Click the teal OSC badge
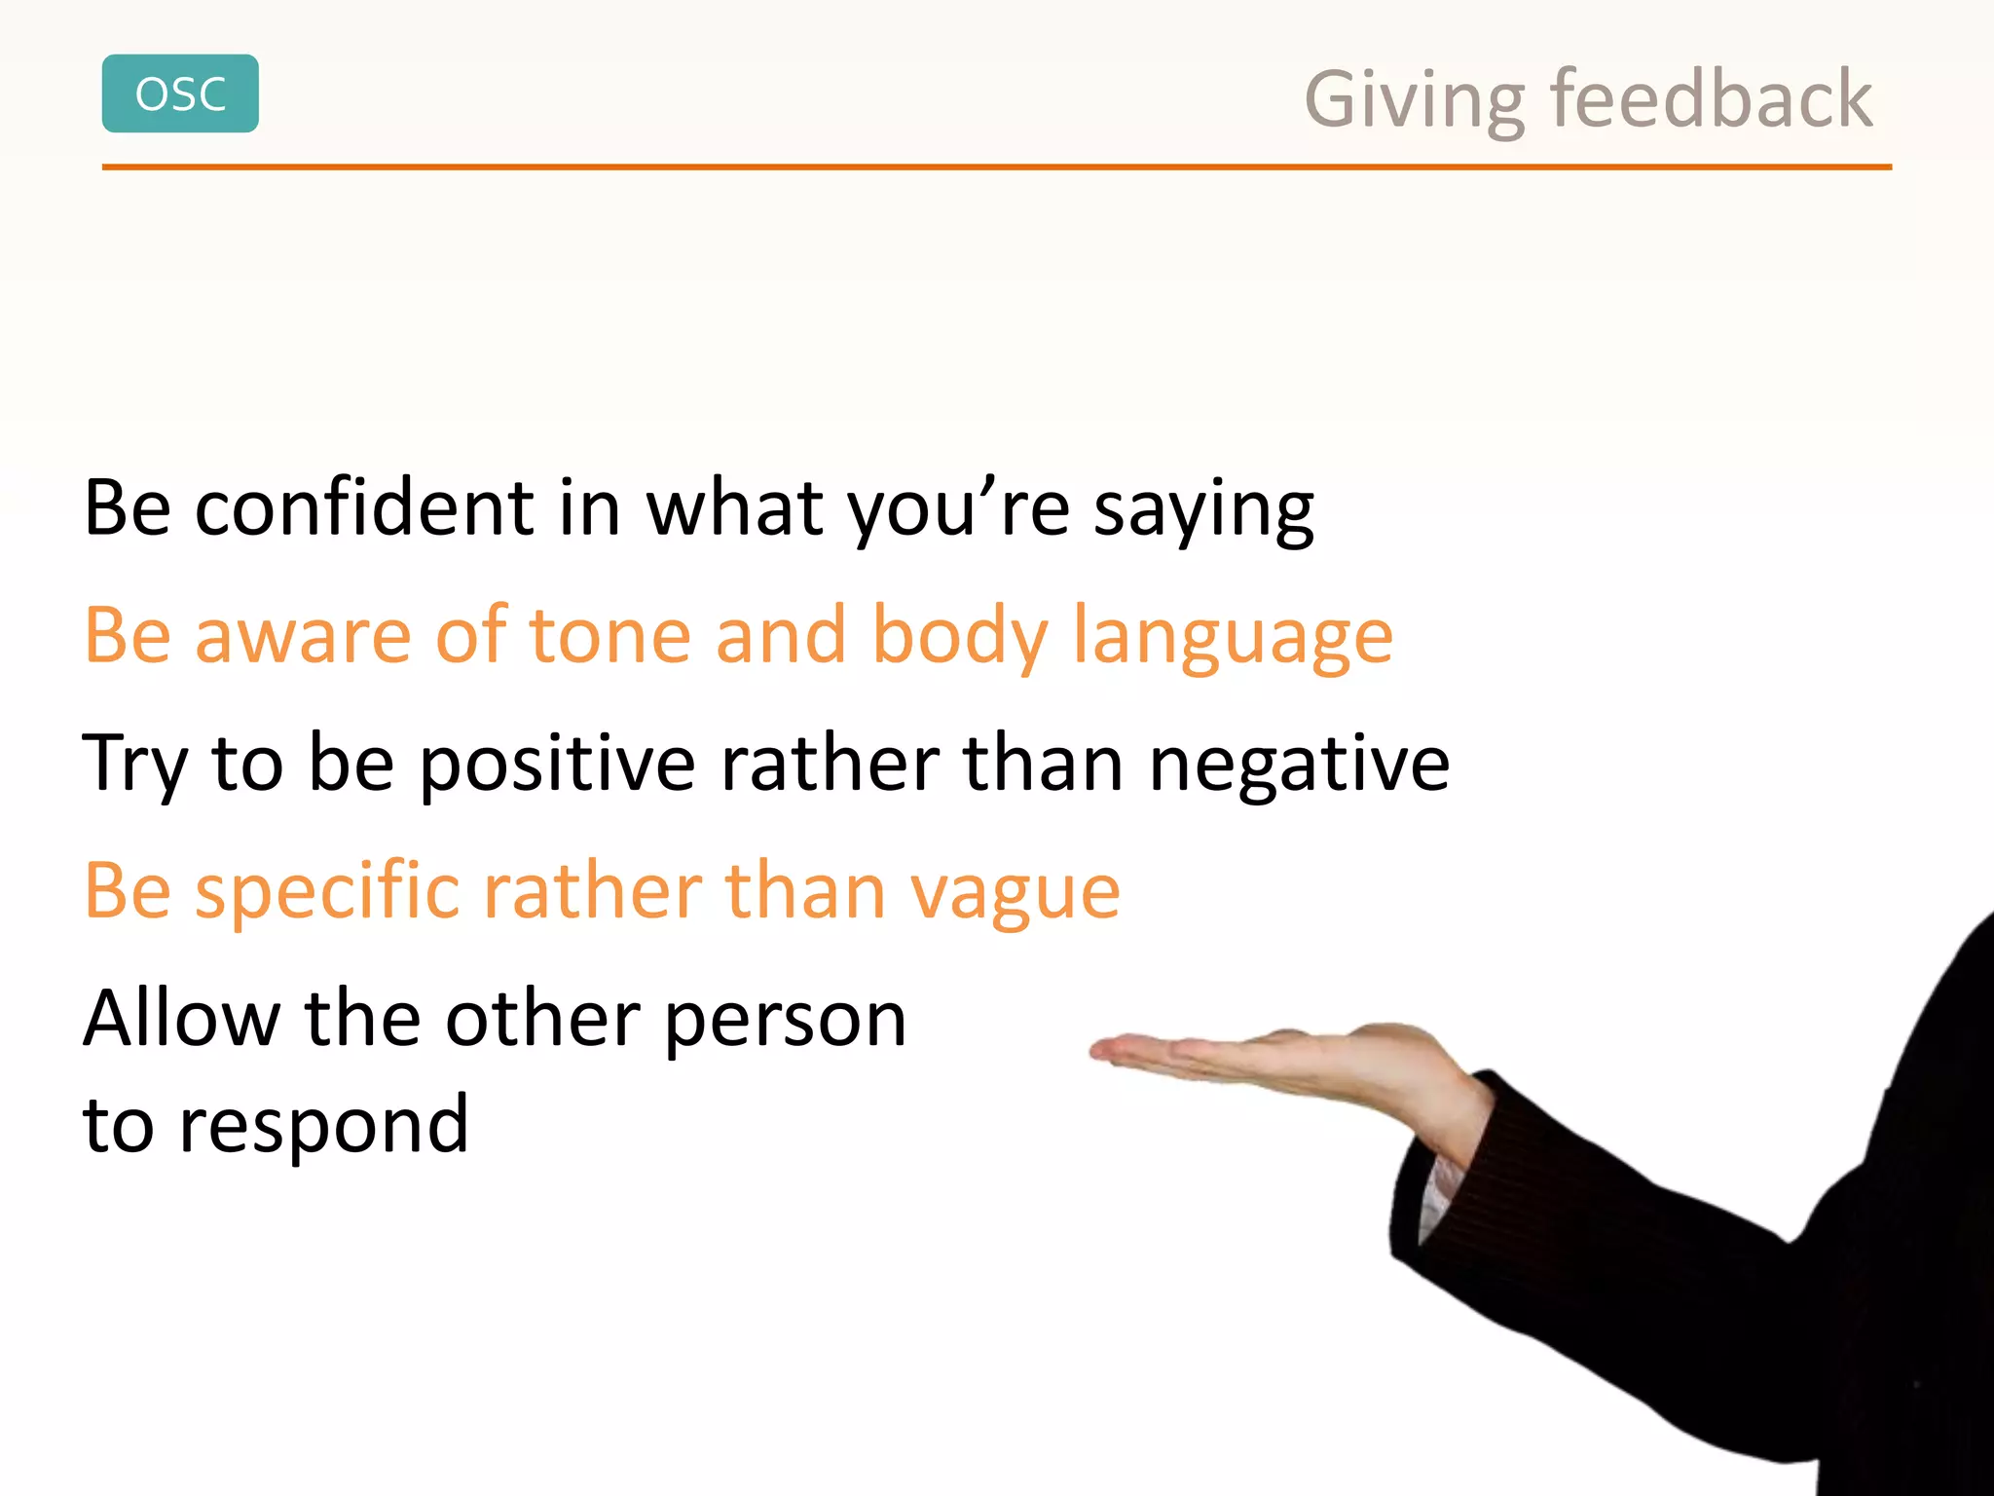coord(180,93)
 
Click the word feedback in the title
coord(1711,99)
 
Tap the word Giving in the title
coord(1415,101)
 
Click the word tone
coord(609,636)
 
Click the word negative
coord(1299,765)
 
